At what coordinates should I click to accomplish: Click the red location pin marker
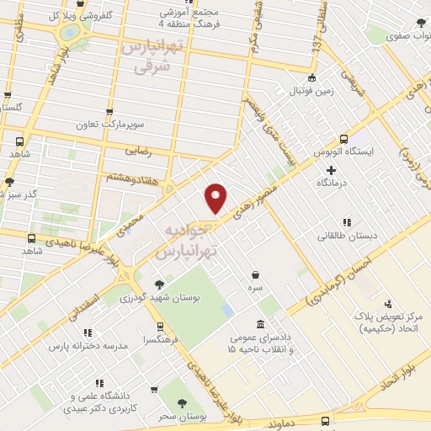click(x=216, y=197)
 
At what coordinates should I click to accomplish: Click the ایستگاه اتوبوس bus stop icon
click(x=343, y=140)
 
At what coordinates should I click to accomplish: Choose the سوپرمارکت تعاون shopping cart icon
click(x=109, y=111)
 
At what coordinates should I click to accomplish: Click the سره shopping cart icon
click(x=253, y=274)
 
